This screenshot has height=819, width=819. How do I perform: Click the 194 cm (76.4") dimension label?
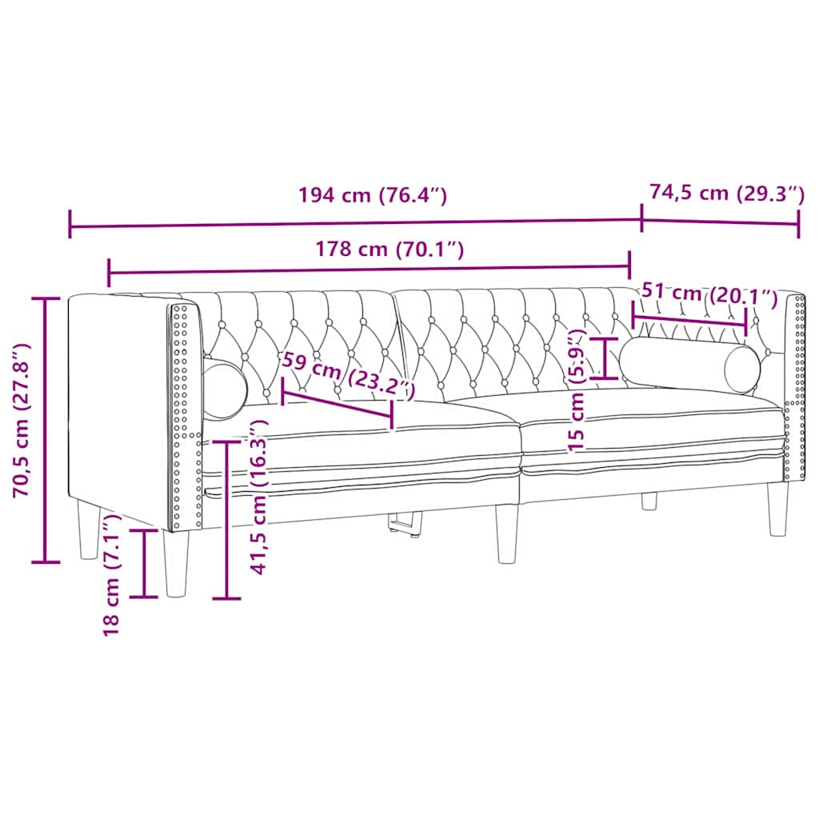click(x=372, y=195)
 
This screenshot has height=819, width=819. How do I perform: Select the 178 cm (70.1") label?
click(x=390, y=249)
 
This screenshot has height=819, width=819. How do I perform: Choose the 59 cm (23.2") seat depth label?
click(x=349, y=375)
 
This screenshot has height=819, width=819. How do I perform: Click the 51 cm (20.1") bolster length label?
click(x=709, y=294)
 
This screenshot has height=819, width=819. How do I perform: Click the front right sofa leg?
click(x=777, y=509)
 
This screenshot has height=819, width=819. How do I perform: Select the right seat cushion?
click(x=648, y=432)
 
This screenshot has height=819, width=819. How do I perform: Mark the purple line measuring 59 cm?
click(x=336, y=406)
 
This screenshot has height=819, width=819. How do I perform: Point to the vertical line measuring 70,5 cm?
click(x=46, y=430)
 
